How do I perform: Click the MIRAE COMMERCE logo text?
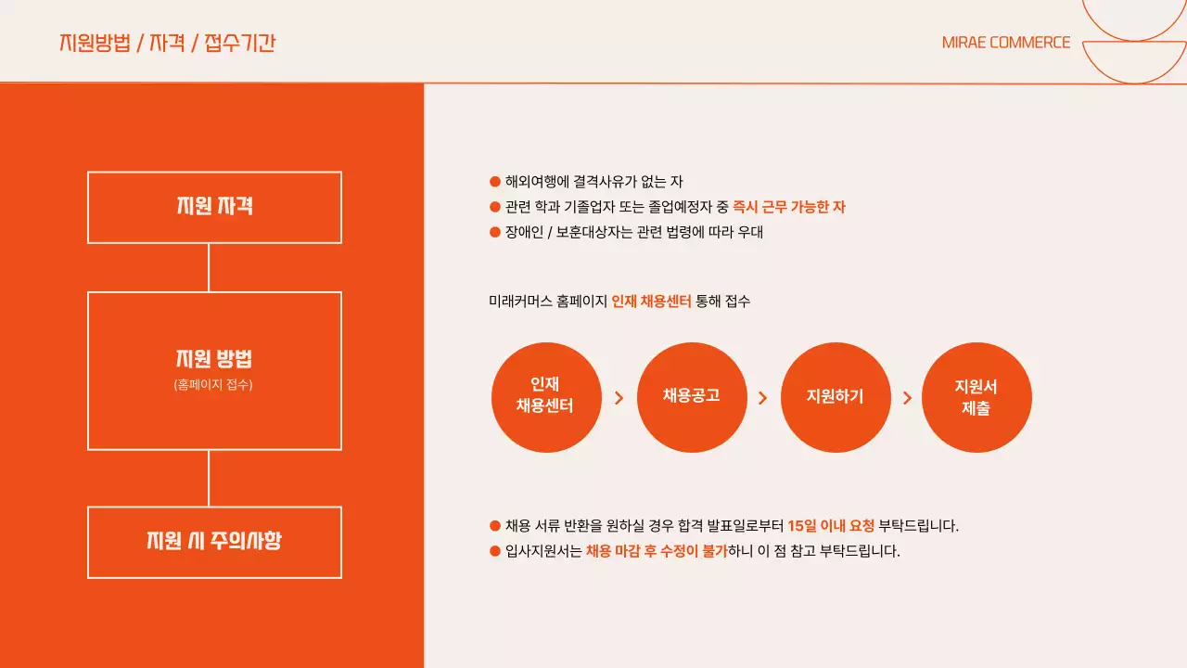(x=1005, y=43)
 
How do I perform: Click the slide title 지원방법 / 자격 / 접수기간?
(x=167, y=43)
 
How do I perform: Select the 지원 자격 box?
(x=214, y=207)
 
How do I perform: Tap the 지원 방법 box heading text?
(x=214, y=359)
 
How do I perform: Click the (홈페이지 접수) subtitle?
(x=213, y=384)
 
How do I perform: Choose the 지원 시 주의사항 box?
(x=214, y=542)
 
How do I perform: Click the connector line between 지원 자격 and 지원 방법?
(x=209, y=267)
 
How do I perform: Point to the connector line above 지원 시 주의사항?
(x=209, y=478)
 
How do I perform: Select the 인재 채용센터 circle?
(x=545, y=397)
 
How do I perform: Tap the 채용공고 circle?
(x=692, y=397)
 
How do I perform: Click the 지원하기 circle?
(x=836, y=397)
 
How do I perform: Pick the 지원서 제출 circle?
(x=976, y=397)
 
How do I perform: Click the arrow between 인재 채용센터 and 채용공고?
(x=619, y=398)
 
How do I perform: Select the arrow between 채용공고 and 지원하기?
(x=763, y=398)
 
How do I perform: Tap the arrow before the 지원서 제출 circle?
(x=907, y=398)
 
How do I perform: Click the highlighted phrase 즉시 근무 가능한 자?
(x=789, y=207)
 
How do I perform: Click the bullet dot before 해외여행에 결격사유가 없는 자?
(x=494, y=182)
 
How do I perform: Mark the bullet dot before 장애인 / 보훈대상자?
(x=494, y=232)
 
